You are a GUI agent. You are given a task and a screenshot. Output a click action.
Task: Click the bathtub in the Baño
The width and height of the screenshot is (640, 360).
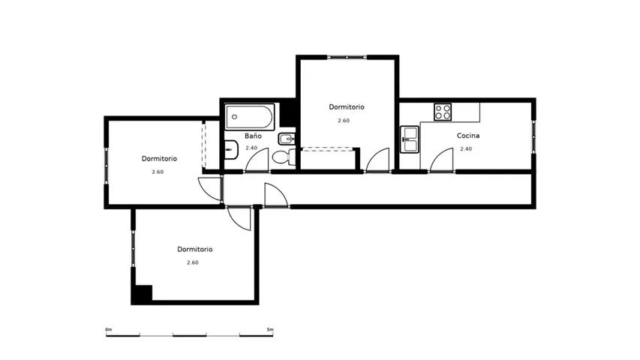click(250, 117)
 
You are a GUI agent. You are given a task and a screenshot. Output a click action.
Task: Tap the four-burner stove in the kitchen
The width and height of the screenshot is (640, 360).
click(443, 112)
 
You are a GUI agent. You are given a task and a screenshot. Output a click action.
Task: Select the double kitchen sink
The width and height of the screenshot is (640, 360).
click(409, 139)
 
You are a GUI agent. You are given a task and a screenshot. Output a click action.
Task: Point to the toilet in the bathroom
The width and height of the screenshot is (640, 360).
click(284, 157)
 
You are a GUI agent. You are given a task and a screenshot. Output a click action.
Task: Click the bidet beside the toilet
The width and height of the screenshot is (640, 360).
click(287, 139)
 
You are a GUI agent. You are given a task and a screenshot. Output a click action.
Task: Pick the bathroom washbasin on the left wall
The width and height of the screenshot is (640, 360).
click(231, 149)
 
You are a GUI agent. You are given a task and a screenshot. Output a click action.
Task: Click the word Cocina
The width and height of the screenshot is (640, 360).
click(467, 136)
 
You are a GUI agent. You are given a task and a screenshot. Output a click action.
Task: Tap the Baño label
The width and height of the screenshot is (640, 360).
click(253, 136)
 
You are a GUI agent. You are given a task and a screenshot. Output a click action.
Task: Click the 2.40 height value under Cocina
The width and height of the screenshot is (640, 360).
click(466, 149)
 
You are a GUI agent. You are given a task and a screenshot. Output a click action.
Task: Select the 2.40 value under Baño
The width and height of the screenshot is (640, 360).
click(251, 148)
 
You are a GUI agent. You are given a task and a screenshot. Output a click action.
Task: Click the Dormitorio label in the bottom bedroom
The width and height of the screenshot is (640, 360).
click(194, 249)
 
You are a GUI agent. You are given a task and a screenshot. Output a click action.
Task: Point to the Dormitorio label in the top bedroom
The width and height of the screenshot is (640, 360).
click(347, 107)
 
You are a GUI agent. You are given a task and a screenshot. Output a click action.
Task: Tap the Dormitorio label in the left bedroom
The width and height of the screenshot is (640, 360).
click(159, 158)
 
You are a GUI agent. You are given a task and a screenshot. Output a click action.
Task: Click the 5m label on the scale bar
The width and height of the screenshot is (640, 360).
click(270, 329)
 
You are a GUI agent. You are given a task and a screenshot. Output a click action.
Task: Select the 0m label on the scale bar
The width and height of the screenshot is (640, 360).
click(109, 329)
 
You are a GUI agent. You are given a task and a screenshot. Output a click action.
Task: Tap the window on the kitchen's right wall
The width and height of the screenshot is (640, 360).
click(533, 136)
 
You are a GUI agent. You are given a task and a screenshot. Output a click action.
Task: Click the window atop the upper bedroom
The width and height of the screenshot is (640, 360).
click(347, 57)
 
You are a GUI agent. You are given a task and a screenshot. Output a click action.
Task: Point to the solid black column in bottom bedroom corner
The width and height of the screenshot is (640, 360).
click(142, 294)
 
